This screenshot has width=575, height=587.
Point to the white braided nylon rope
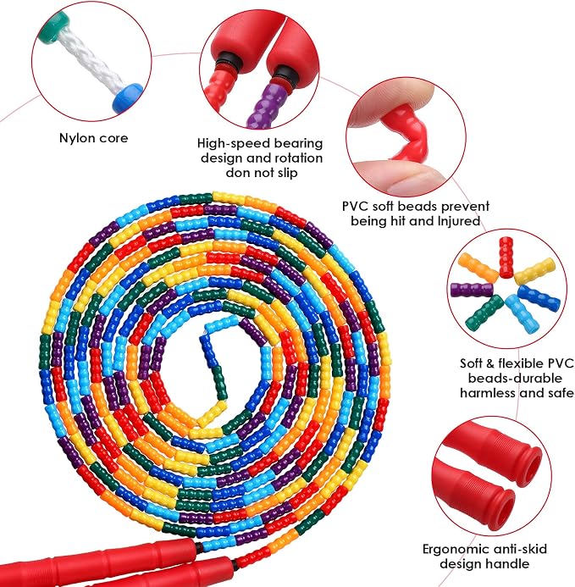pyautogui.click(x=91, y=61)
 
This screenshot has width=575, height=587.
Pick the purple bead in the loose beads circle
pyautogui.click(x=472, y=291)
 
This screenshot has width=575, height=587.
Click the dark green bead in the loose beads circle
pyautogui.click(x=484, y=312)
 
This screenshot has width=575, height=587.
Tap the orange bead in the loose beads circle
pyautogui.click(x=478, y=268)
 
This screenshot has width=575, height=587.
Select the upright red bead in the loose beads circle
pyautogui.click(x=506, y=258)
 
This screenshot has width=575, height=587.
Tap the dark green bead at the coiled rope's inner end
pyautogui.click(x=219, y=382)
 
